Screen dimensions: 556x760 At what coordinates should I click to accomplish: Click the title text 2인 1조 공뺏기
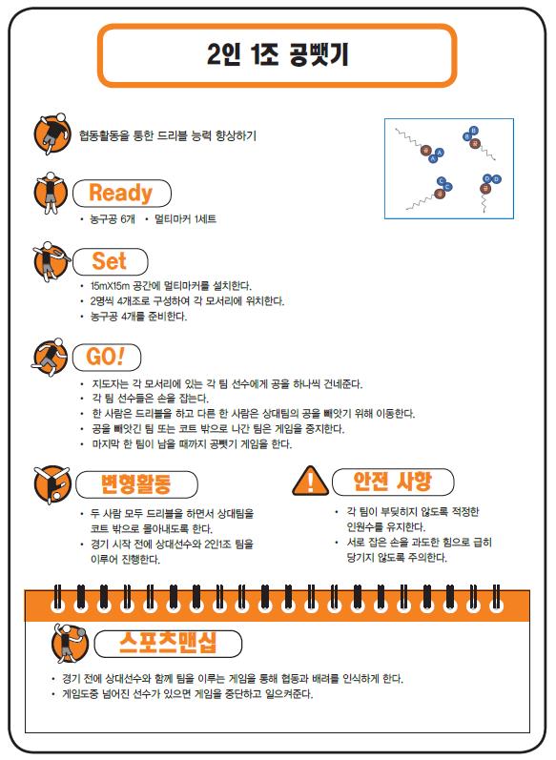click(x=278, y=54)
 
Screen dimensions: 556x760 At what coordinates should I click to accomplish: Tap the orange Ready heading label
click(x=121, y=193)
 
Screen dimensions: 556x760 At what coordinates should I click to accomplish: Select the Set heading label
click(x=109, y=261)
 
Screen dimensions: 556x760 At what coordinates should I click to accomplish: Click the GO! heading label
click(x=105, y=357)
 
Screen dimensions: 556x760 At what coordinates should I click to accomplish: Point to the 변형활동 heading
click(x=136, y=483)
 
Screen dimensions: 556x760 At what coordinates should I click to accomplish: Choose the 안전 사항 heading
click(x=392, y=482)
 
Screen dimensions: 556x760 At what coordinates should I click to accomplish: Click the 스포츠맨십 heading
click(x=168, y=643)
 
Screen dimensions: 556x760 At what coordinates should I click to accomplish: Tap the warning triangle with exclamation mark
click(x=311, y=481)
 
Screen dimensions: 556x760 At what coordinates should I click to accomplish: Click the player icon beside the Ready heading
click(x=50, y=193)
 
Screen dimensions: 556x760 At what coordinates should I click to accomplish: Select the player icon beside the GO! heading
click(x=49, y=357)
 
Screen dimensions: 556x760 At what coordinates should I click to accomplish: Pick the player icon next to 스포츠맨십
click(x=70, y=643)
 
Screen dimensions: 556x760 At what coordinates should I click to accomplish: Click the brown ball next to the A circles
click(x=426, y=151)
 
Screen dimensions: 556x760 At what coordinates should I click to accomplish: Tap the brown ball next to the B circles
click(x=475, y=143)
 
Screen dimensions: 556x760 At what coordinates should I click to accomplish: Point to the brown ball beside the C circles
click(x=440, y=194)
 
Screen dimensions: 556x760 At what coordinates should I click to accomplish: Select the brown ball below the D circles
click(x=484, y=189)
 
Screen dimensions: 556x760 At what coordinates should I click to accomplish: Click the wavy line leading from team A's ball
click(x=408, y=138)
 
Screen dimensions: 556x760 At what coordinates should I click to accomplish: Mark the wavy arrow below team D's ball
click(x=484, y=203)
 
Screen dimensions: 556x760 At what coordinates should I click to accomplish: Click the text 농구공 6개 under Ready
click(x=113, y=219)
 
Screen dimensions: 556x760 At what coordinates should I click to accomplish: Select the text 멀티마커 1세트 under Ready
click(x=185, y=219)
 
